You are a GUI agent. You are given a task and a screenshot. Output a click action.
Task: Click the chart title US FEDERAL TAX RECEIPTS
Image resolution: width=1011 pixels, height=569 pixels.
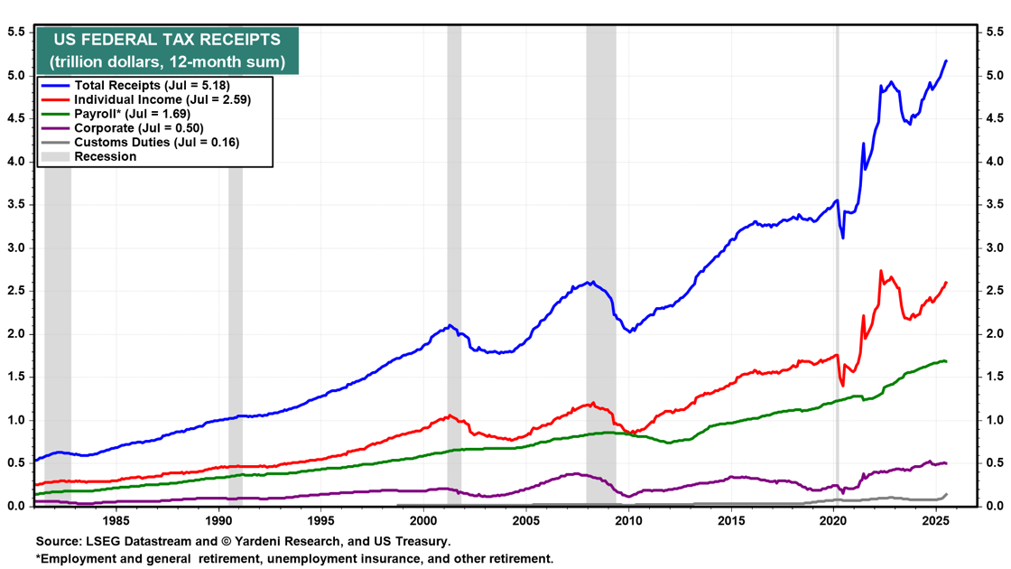(167, 40)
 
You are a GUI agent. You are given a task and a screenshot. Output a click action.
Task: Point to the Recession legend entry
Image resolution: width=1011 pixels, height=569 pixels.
(105, 156)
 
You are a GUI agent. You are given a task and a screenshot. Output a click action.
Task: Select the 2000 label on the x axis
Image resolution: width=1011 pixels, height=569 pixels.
(423, 521)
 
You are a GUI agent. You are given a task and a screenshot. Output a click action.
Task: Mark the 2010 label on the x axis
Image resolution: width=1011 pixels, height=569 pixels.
(628, 521)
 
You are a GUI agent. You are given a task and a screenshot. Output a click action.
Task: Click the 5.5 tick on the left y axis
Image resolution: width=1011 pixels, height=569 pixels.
(16, 32)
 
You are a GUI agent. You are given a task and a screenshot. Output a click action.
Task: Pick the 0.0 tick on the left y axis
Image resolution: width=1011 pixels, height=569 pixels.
(16, 506)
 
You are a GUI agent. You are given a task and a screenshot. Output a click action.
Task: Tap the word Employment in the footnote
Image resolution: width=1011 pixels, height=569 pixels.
(80, 558)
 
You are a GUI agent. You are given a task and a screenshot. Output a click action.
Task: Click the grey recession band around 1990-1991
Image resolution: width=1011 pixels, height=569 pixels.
(236, 316)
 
